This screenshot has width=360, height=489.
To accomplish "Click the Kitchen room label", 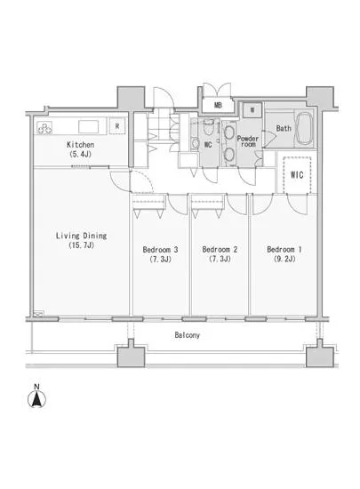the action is (80, 145).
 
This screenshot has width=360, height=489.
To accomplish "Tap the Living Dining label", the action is (82, 236).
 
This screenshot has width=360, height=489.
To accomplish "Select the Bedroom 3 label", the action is (160, 250).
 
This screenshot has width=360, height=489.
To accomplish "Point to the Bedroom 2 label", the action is (220, 250).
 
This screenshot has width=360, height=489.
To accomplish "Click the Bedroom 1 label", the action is (284, 250).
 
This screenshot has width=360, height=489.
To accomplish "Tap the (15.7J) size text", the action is (82, 245).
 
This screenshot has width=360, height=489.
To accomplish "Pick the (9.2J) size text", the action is (284, 259).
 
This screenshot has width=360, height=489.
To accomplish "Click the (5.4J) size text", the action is (80, 154).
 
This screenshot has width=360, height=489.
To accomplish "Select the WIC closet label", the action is (297, 174).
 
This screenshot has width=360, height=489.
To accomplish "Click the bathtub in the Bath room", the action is (304, 128).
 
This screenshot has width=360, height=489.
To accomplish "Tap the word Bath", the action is (284, 128).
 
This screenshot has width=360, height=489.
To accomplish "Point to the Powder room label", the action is (248, 141).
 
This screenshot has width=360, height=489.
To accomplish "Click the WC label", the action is (208, 145).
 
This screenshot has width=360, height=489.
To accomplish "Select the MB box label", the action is (218, 106).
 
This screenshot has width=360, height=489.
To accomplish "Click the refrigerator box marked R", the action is (117, 126).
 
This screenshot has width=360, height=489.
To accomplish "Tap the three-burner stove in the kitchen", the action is (44, 128).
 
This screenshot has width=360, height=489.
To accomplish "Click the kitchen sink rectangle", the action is (89, 127).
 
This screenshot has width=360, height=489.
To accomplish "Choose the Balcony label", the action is (187, 335).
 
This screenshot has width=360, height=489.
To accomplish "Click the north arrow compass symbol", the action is (36, 399).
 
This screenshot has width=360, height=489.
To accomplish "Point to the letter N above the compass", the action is (36, 387).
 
